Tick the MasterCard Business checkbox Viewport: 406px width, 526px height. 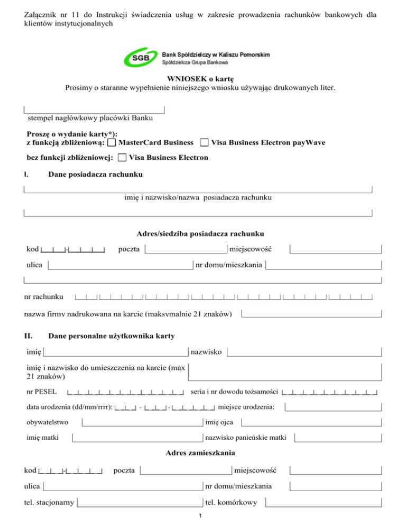(112, 143)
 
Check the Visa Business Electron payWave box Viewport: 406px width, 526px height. (204, 143)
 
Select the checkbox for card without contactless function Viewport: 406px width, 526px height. (122, 158)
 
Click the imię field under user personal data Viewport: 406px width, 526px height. (116, 351)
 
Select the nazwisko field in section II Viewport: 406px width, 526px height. (304, 351)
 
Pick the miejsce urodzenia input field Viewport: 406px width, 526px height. (333, 407)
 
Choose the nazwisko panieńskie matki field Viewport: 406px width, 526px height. (337, 438)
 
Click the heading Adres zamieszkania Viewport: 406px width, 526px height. (200, 453)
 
